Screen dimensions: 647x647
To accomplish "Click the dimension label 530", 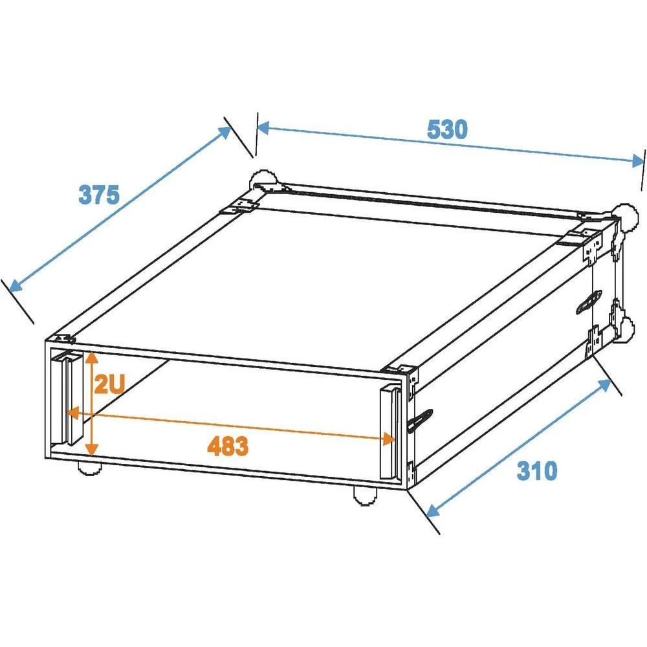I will click(446, 129).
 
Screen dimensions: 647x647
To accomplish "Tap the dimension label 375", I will click(99, 194).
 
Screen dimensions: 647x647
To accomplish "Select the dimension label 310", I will click(536, 471).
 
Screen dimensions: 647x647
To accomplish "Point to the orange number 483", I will click(228, 446).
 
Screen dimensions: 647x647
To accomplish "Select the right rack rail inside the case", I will click(389, 432).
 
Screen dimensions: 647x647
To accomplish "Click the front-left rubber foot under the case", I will click(89, 467).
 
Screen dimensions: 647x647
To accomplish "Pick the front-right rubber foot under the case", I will click(365, 496).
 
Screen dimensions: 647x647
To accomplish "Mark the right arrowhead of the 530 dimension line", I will click(638, 161).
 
